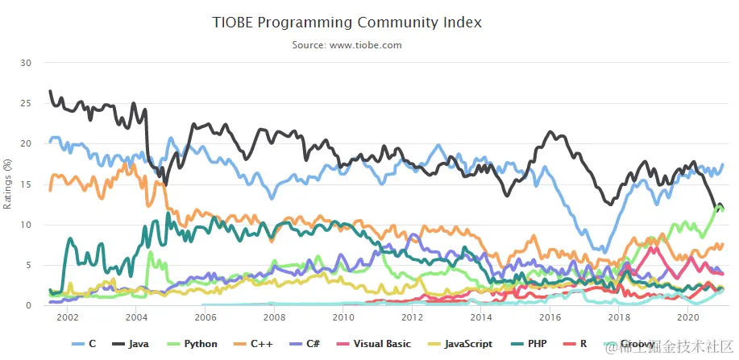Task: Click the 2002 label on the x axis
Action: [x=67, y=318]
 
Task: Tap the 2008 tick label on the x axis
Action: [x=274, y=318]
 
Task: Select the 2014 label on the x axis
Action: [x=480, y=318]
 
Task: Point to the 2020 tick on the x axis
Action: [x=687, y=318]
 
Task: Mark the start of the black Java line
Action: [x=50, y=91]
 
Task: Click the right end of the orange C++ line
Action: [x=723, y=243]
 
